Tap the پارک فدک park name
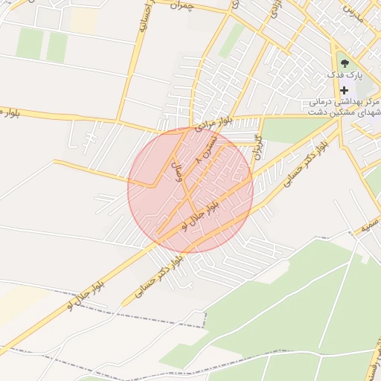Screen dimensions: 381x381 [x=347, y=76]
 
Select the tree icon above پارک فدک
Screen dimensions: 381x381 [x=343, y=63]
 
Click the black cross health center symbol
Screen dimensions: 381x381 [x=344, y=89]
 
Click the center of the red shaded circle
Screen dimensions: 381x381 [x=190, y=190]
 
